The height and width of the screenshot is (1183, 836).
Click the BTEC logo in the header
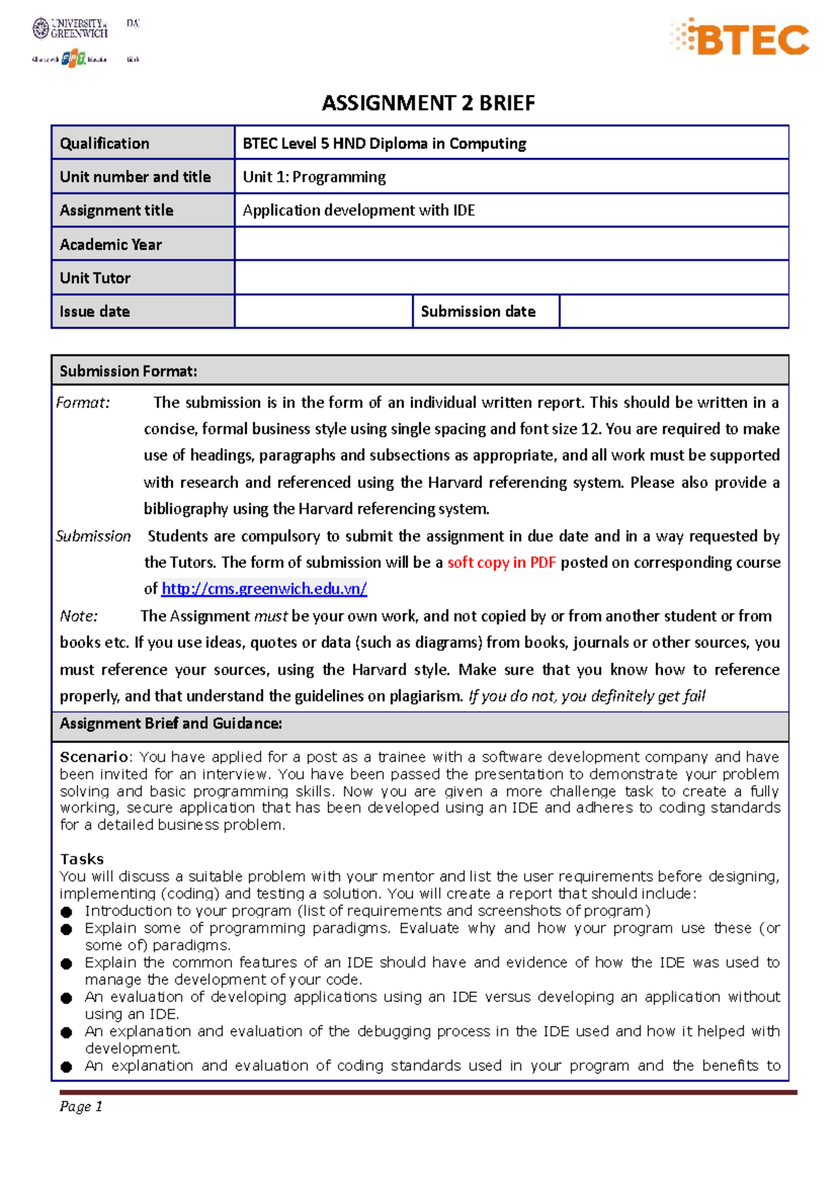coord(741,38)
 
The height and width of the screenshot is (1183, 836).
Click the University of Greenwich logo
coord(70,29)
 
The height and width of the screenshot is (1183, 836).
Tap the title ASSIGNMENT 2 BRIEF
coord(428,103)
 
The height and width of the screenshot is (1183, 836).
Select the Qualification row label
coord(104,144)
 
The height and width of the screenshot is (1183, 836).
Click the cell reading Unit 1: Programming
coord(314,177)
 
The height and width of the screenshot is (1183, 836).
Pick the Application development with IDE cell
coord(359,210)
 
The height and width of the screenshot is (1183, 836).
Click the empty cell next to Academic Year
coord(511,244)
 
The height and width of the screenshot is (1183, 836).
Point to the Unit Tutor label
coord(95,278)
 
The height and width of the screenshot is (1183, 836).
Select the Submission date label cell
coord(478,311)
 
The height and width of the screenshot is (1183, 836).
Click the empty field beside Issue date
coord(323,311)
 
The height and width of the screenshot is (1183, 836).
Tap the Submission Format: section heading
coord(128,371)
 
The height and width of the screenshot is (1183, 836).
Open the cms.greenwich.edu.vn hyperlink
coord(264,589)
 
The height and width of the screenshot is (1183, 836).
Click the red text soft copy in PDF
coord(501,562)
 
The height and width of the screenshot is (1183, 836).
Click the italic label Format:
coord(83,403)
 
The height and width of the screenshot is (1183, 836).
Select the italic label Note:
coord(79,616)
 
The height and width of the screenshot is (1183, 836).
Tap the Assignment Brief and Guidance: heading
coord(171,723)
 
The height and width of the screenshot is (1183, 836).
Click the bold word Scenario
coord(94,757)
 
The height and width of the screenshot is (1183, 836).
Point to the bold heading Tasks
coord(82,859)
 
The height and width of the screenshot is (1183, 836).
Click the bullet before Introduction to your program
coord(66,912)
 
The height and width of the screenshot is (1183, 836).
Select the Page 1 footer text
coord(81,1106)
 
